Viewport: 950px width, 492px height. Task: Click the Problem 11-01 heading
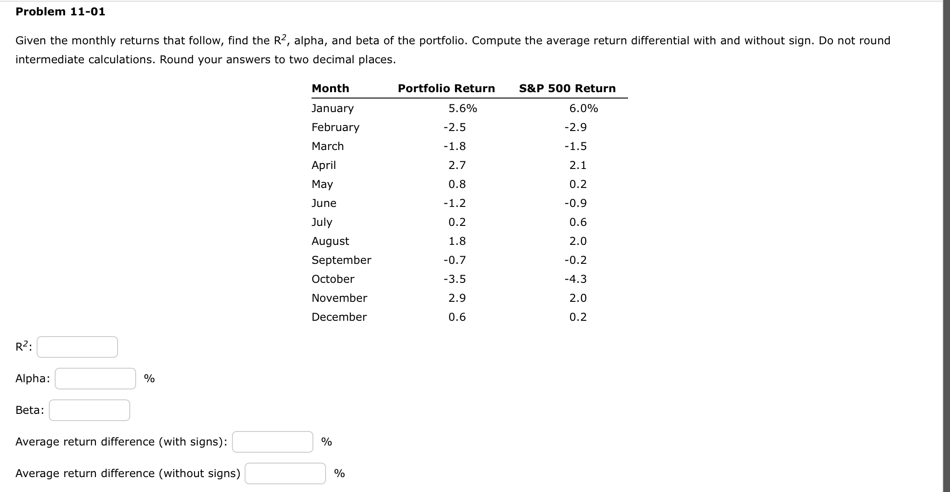point(60,12)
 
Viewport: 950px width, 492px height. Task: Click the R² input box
point(77,347)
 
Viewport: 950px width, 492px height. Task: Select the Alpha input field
point(95,379)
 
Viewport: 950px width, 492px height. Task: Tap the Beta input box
point(90,410)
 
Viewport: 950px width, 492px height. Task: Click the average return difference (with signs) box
point(273,442)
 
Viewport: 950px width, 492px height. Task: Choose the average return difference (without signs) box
point(285,473)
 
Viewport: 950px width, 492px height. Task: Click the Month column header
point(331,89)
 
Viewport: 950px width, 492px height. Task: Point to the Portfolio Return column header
point(446,89)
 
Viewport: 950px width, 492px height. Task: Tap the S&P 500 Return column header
point(567,89)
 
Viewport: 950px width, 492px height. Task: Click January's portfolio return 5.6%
point(463,108)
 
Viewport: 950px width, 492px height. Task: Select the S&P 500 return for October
point(576,279)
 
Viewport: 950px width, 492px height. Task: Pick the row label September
point(341,260)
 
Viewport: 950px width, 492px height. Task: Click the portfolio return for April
point(457,165)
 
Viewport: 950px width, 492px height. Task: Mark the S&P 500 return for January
point(583,108)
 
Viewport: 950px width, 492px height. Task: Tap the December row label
point(339,317)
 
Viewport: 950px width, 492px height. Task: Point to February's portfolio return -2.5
point(454,127)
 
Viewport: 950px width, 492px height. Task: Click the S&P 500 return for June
point(576,203)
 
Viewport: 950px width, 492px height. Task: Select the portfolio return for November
point(457,298)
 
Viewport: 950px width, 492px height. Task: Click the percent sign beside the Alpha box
point(149,379)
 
